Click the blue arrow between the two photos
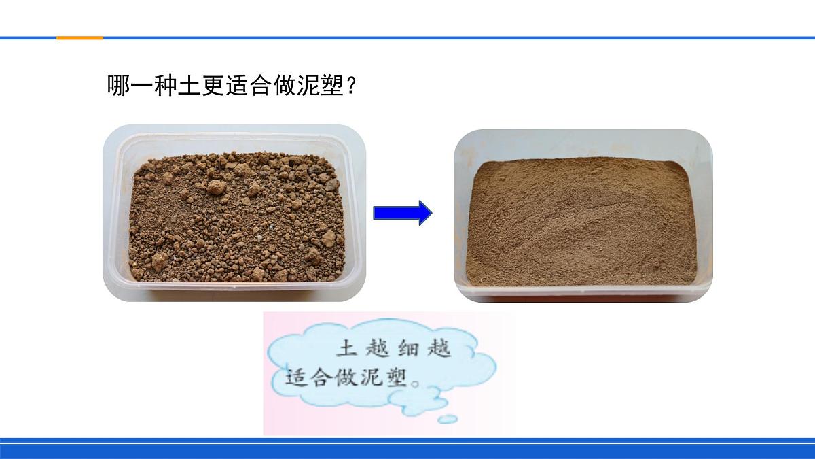pos(402,213)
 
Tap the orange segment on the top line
pos(79,38)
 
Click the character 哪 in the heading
pos(118,86)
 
